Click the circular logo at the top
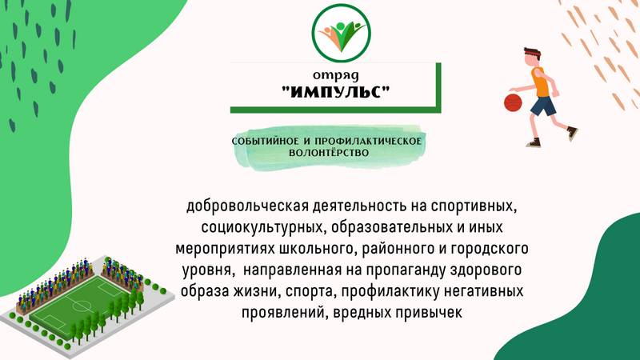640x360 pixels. pyautogui.click(x=342, y=33)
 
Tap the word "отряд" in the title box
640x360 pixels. pyautogui.click(x=336, y=75)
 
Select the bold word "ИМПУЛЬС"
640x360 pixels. pyautogui.click(x=336, y=92)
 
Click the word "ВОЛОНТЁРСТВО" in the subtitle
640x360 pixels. pyautogui.click(x=329, y=153)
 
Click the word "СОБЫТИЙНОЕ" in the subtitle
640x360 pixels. pyautogui.click(x=266, y=142)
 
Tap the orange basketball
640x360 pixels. pyautogui.click(x=513, y=102)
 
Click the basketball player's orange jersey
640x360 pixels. pyautogui.click(x=541, y=82)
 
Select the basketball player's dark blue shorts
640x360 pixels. pyautogui.click(x=543, y=106)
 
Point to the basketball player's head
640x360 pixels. pyautogui.click(x=531, y=56)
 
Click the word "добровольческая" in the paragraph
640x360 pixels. pyautogui.click(x=247, y=206)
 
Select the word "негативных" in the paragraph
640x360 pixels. pyautogui.click(x=484, y=291)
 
